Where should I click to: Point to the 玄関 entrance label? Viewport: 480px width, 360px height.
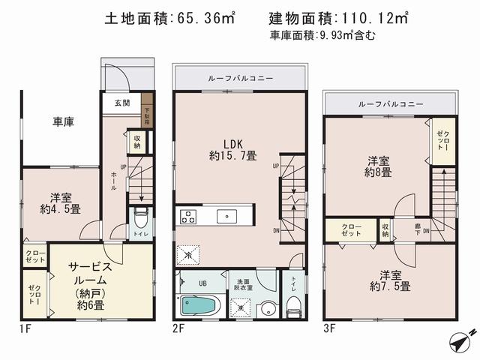(x=121, y=103)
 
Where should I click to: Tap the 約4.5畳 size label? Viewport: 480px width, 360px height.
(x=61, y=211)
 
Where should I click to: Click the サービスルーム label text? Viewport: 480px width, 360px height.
(x=91, y=272)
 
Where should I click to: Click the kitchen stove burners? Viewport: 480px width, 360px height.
(x=187, y=217)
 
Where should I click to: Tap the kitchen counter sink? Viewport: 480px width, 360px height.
(x=226, y=217)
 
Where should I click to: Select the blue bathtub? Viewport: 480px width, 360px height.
(x=199, y=306)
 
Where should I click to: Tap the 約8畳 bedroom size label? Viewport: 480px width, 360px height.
(x=378, y=173)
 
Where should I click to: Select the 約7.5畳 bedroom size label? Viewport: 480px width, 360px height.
(x=394, y=287)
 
